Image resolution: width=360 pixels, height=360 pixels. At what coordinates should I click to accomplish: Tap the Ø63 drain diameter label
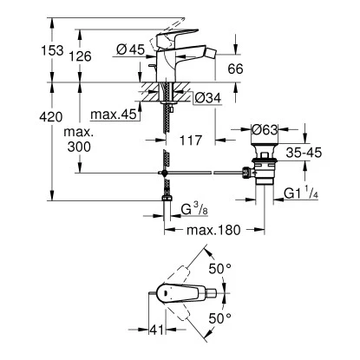265,132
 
